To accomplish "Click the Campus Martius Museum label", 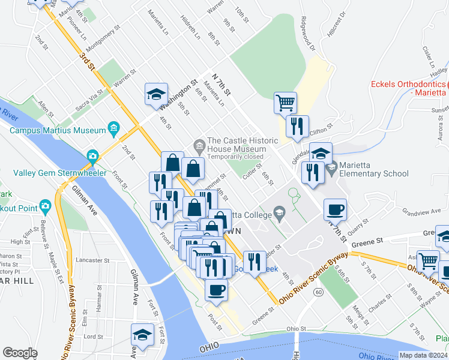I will coord(58,129).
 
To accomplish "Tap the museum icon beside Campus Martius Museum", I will coord(113,128).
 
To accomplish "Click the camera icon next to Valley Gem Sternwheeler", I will coord(92,156).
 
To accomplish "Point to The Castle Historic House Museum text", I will coord(236,141).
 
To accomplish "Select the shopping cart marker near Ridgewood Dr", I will coord(285,102).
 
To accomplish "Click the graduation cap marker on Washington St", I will coord(156,94).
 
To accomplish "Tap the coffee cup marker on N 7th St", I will coord(335,209).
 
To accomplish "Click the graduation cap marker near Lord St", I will coord(142,334).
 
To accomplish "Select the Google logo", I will coord(20,352).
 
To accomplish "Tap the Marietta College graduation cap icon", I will coord(279,212).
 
